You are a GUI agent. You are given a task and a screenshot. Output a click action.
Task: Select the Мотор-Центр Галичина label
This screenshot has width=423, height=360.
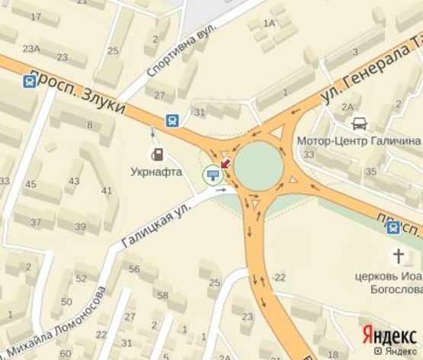coord(358,141)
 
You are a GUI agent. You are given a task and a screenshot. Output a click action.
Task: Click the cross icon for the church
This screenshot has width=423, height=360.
coord(398,256)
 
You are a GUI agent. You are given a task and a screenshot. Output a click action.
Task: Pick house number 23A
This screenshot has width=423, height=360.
coord(31,49)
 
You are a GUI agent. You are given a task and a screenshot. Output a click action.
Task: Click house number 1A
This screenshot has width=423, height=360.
coord(268,24)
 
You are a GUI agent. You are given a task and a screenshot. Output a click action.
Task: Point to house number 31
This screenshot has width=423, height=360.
coord(200,113)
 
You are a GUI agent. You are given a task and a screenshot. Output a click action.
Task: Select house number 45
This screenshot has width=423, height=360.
coord(31,185)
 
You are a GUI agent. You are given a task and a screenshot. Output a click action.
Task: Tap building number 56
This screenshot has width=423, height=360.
coord(134,269)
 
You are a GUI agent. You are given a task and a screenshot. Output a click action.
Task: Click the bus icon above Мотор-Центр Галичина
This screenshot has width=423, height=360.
coord(359,123)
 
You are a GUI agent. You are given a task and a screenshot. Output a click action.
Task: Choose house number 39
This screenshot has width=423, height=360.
coord(82,227)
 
